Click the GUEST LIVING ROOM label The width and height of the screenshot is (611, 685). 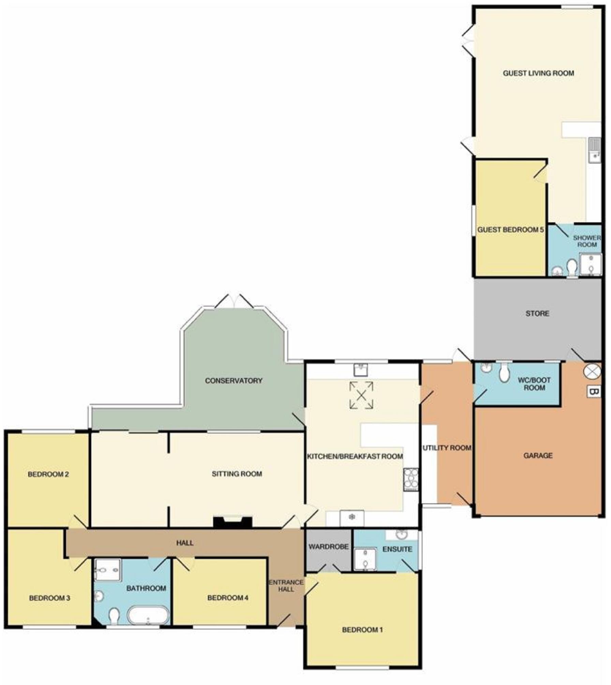click(538, 73)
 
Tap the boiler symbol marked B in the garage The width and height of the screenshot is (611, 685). click(593, 392)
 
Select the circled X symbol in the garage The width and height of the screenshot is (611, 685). click(592, 371)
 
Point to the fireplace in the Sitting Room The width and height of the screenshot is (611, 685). click(233, 522)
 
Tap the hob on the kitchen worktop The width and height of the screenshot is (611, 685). click(411, 479)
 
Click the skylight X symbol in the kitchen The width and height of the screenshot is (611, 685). click(361, 395)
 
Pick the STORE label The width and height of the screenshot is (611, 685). click(537, 313)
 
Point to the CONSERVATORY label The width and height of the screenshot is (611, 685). click(234, 381)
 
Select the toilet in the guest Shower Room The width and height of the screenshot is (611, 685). click(572, 267)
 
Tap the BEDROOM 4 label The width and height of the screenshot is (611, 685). click(228, 598)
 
